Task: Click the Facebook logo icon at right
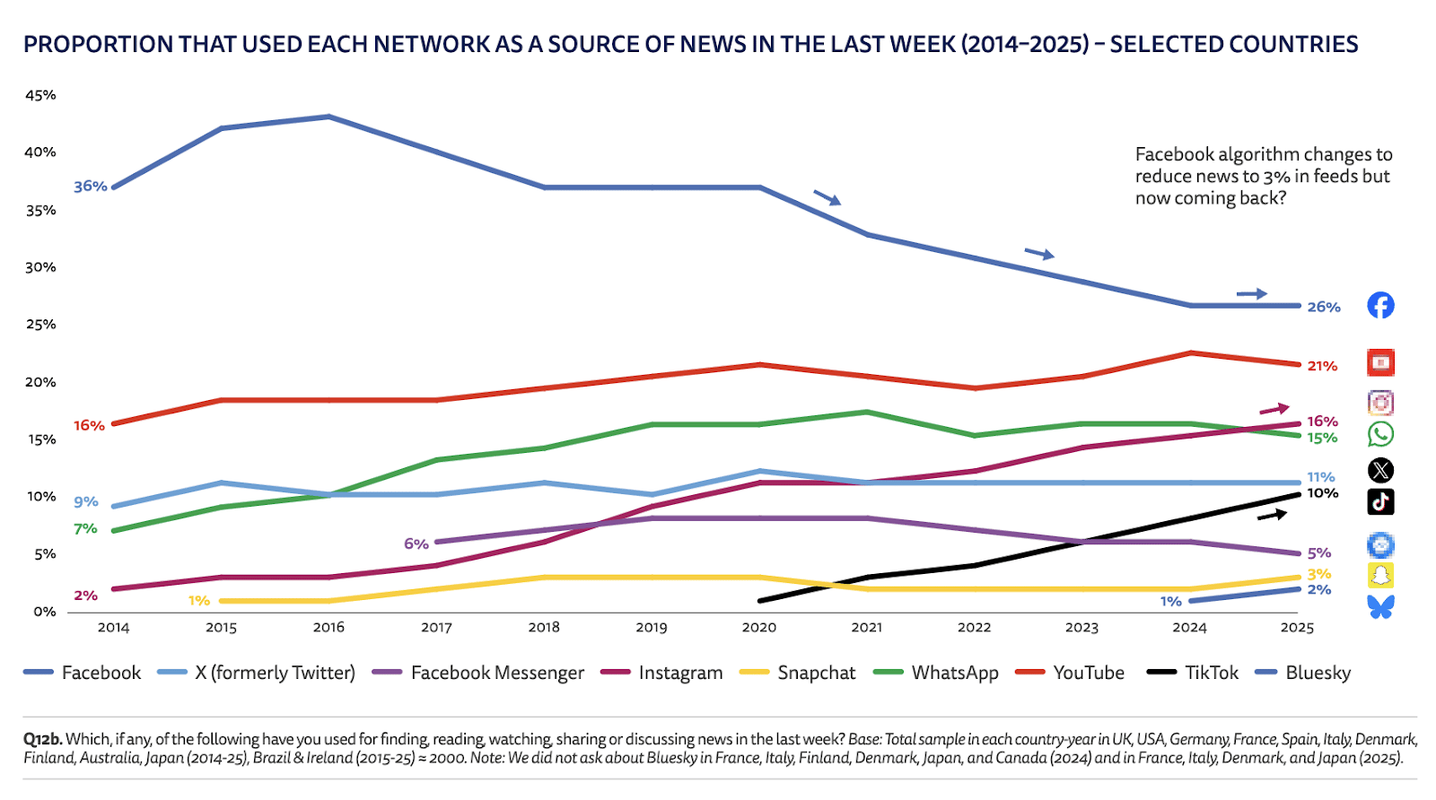coord(1380,306)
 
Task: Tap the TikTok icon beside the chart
coord(1380,501)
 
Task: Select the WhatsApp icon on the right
coord(1380,435)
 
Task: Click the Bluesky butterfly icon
coord(1380,607)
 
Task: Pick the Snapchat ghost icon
coord(1380,575)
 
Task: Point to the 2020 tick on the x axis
coord(759,628)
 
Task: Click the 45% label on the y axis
coord(40,95)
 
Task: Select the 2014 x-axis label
coord(114,628)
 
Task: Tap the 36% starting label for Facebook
coord(90,187)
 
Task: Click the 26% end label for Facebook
coord(1323,307)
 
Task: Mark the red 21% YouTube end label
coord(1322,366)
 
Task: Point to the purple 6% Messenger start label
coord(416,543)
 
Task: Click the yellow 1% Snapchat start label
coord(199,601)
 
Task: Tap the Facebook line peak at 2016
coord(328,117)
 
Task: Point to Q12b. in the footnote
coord(43,739)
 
